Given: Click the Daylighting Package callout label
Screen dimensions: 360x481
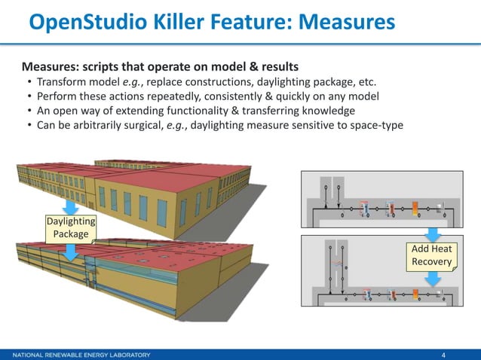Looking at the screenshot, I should tap(71, 228).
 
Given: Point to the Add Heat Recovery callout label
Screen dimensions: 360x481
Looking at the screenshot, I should tap(432, 255).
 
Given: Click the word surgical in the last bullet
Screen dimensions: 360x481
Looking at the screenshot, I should tap(161, 124).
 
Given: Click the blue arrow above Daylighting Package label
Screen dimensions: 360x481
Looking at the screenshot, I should tap(71, 206).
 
